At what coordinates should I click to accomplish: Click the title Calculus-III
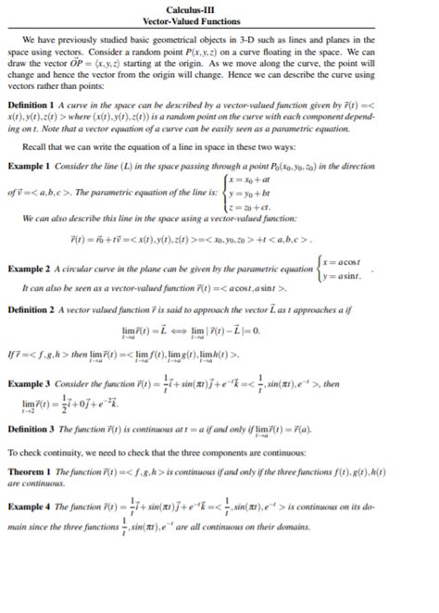pos(219,7)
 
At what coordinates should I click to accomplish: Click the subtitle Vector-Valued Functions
pos(219,19)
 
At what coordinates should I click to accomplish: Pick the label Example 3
pos(33,381)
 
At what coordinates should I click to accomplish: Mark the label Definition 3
pos(38,431)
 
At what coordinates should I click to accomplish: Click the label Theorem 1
pos(34,470)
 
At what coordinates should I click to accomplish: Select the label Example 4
pos(33,506)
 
